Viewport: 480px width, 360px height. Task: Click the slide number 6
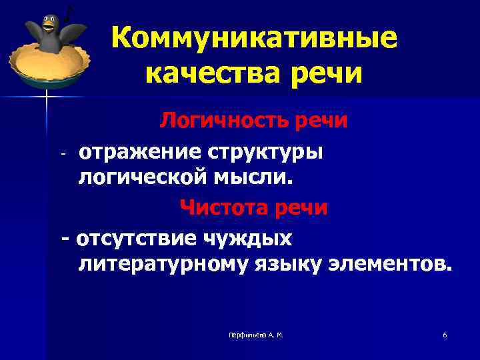(445, 335)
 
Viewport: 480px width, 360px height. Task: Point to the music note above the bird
(68, 12)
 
